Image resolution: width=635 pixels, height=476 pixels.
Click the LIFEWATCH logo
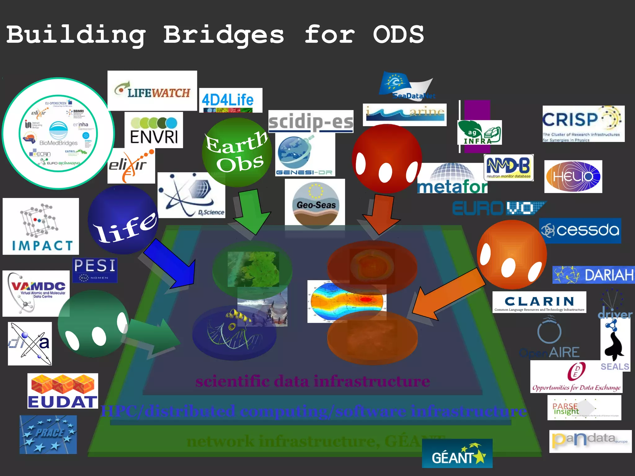(152, 90)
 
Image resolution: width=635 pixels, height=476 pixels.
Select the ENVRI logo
(154, 130)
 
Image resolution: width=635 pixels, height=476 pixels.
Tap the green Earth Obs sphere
(237, 152)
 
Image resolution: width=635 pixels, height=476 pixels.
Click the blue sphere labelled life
(123, 220)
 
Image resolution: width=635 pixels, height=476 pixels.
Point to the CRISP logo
(583, 124)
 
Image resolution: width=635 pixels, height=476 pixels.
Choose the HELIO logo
(573, 177)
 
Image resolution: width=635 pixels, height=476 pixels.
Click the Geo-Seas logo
(315, 204)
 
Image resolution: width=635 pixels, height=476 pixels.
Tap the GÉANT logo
(457, 453)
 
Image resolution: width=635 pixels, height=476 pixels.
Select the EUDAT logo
(63, 391)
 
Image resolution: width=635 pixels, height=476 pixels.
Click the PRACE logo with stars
(48, 434)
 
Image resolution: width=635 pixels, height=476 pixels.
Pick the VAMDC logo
(36, 293)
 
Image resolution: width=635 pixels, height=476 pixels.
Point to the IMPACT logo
(41, 226)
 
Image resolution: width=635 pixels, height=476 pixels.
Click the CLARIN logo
(539, 302)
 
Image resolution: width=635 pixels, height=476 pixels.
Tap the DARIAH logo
(593, 275)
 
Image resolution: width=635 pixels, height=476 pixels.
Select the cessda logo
(580, 231)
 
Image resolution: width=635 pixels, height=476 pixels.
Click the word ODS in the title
(398, 35)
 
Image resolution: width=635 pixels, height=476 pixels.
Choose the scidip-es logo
(311, 121)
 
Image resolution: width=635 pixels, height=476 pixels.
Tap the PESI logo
(95, 270)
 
